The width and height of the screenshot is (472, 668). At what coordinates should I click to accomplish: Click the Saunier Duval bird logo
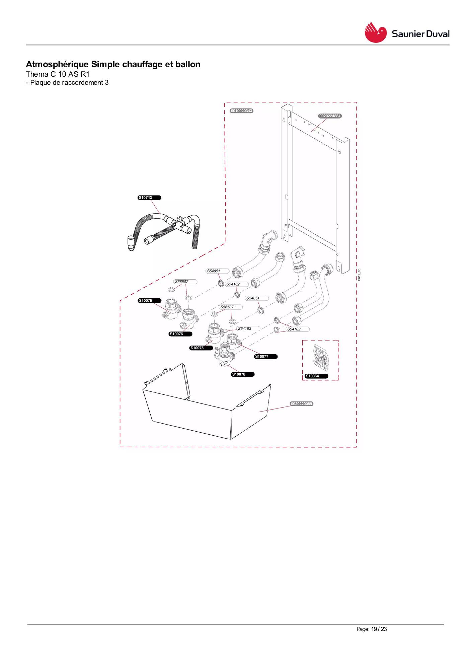[375, 32]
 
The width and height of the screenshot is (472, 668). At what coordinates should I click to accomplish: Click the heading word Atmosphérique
[57, 64]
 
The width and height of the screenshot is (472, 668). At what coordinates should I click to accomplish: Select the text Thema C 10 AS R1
[58, 74]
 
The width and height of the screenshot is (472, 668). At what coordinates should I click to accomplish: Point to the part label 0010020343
[242, 111]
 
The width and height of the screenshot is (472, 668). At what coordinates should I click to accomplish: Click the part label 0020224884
[330, 116]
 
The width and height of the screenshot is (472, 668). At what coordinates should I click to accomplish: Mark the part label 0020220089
[302, 404]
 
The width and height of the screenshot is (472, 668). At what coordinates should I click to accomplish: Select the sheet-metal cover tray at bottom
[207, 402]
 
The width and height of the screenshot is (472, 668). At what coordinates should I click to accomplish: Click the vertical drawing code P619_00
[359, 275]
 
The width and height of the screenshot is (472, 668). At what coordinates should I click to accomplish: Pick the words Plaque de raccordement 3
[69, 83]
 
